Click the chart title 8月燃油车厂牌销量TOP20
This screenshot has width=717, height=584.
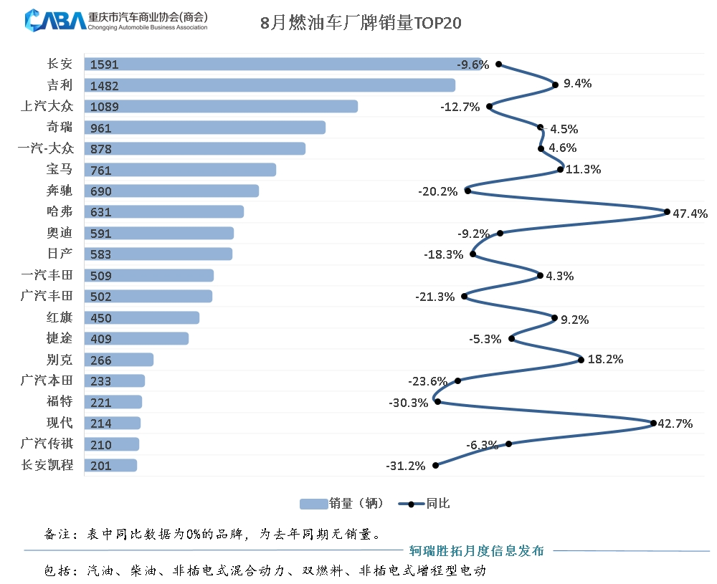click(361, 23)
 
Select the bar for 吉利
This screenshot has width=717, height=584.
click(270, 85)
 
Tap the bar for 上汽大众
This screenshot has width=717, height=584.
click(221, 107)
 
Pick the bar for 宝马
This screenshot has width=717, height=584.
click(180, 170)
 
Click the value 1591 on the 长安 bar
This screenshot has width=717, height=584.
click(105, 64)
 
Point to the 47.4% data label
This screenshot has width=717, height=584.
click(690, 213)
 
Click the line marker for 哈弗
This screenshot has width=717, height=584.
click(667, 212)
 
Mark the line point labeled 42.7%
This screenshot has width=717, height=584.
click(653, 423)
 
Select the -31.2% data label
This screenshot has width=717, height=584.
click(406, 466)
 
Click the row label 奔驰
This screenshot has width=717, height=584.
click(59, 191)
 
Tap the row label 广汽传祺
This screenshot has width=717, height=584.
click(47, 444)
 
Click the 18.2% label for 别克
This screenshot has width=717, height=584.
click(605, 360)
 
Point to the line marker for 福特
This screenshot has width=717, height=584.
click(437, 402)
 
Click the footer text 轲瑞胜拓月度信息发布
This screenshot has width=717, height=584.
click(476, 551)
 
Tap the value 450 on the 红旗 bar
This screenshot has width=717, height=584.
click(101, 318)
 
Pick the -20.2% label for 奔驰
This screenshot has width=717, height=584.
click(437, 192)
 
